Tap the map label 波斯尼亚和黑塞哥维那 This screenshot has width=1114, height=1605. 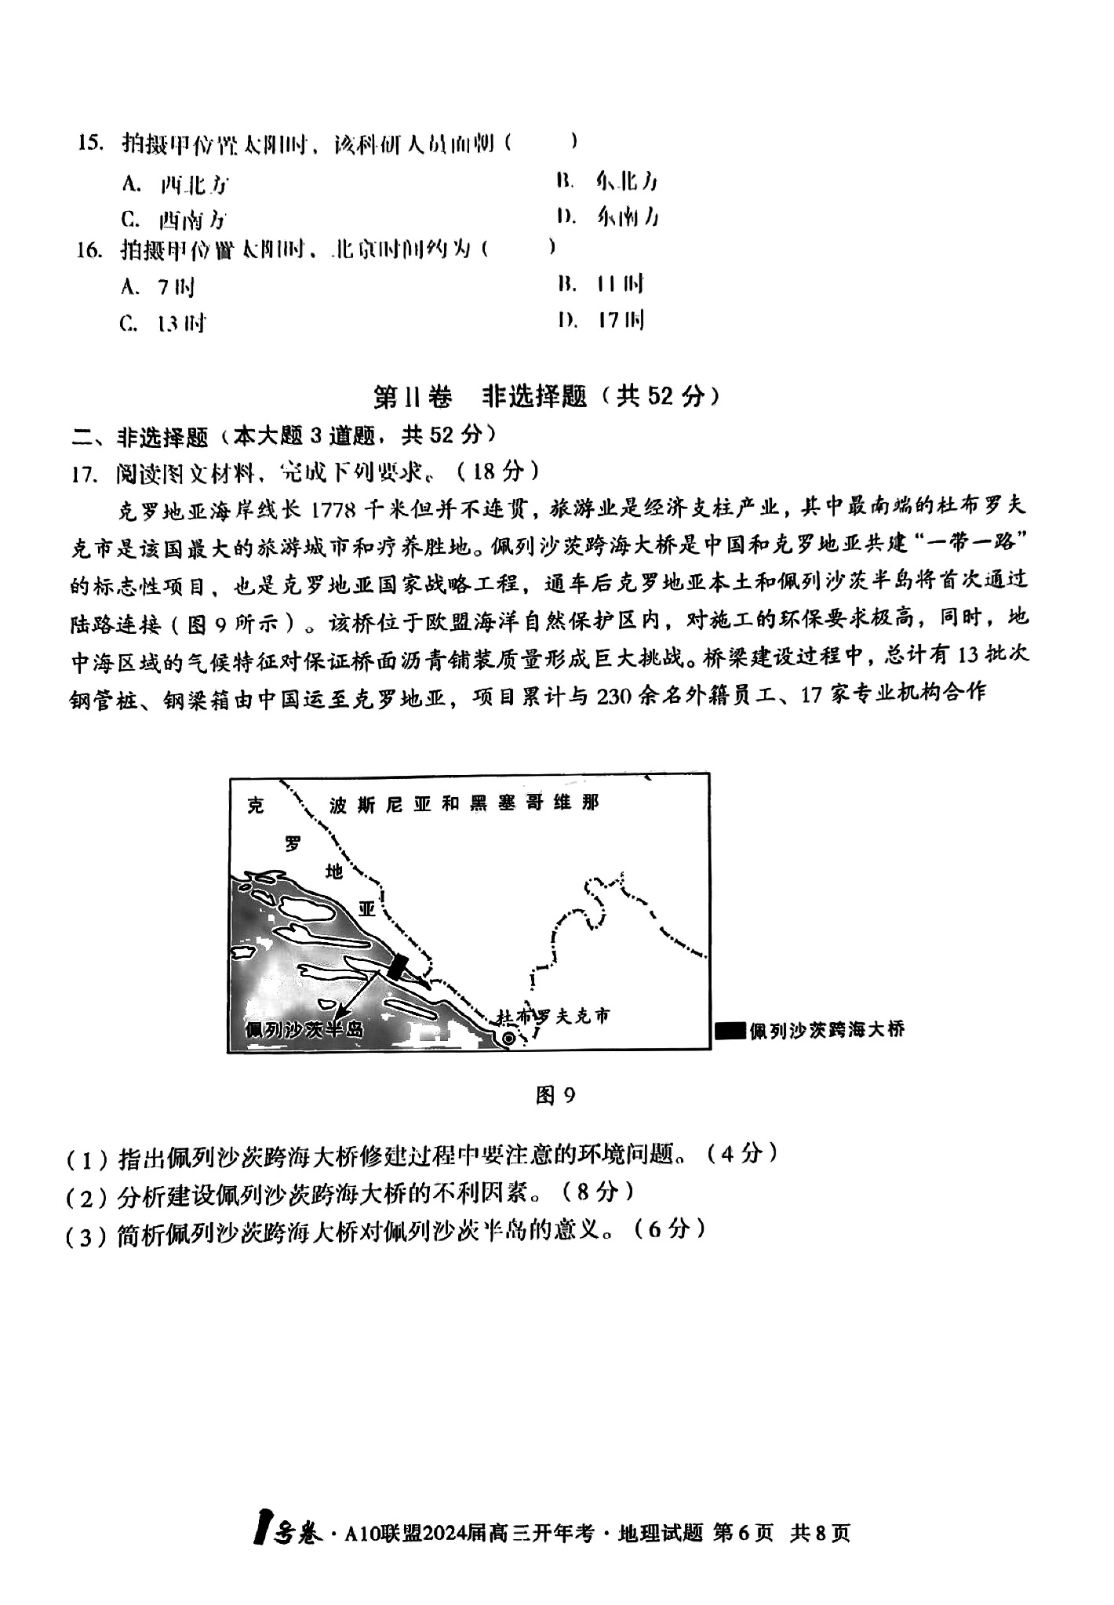coord(464,803)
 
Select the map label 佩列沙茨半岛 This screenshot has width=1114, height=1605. coord(304,1028)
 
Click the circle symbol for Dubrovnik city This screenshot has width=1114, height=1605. coord(508,1038)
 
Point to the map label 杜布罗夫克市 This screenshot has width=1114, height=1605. coord(553,1017)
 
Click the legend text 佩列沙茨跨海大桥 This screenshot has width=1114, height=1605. coord(827,1029)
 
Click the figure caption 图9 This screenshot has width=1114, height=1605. coord(555,1094)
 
